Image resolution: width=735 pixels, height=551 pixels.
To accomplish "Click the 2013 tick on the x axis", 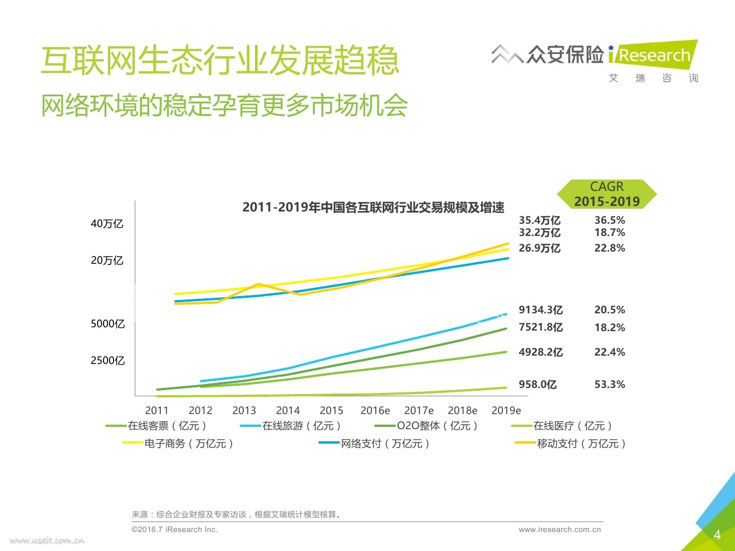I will point(244,411).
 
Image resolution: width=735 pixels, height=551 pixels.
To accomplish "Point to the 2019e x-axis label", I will point(506,411).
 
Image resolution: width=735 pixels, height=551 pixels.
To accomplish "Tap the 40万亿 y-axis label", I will point(107,224).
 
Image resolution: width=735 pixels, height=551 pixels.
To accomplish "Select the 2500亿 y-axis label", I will point(107,361).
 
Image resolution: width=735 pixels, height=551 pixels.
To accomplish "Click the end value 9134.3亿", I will point(541,310).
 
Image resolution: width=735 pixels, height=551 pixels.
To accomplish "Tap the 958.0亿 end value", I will point(537,385).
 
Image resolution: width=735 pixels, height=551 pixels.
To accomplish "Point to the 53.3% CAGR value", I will point(610,385).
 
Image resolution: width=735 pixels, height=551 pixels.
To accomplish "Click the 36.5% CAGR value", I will point(610,220).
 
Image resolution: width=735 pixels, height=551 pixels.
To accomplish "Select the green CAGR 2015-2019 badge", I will point(607,194).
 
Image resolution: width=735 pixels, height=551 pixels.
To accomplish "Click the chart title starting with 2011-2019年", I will point(373,208).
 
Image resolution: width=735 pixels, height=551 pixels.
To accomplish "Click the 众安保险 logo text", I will point(565,55).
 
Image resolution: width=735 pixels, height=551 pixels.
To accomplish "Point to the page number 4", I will point(717,535).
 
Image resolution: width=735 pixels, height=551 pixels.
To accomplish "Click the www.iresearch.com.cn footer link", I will point(560,530).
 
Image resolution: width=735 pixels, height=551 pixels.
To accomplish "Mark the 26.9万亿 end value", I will point(540,248).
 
